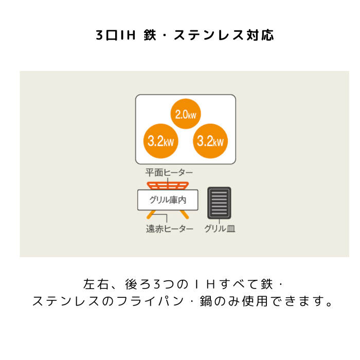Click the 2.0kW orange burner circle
pos(186,114)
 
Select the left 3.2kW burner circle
pos(160,141)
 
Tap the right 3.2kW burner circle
pos(210,141)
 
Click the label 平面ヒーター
pos(169,173)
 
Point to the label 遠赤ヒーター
pos(170,229)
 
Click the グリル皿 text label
pos(220,229)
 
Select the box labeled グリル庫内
pos(168,200)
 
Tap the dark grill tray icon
pos(219,203)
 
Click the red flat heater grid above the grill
pos(168,186)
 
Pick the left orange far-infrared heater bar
pos(151,214)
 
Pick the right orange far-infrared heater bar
pos(184,214)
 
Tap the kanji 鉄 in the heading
pos(150,35)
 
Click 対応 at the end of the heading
pos(260,35)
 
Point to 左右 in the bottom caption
pos(96,284)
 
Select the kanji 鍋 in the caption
pos(206,301)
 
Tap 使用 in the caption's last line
pos(255,301)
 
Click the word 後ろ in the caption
pos(137,284)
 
